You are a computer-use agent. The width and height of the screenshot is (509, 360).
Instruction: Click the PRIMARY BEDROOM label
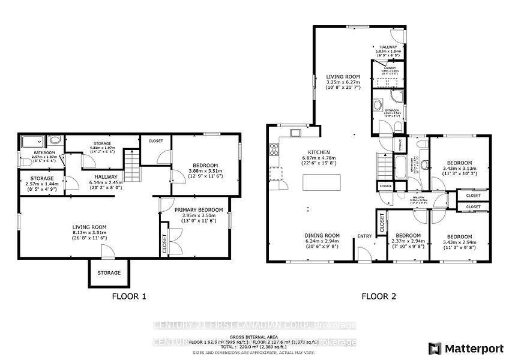(198, 210)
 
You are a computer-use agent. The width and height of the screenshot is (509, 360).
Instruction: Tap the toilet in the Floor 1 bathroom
(55, 140)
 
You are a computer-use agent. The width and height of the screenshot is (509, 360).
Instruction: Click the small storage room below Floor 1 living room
(109, 273)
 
